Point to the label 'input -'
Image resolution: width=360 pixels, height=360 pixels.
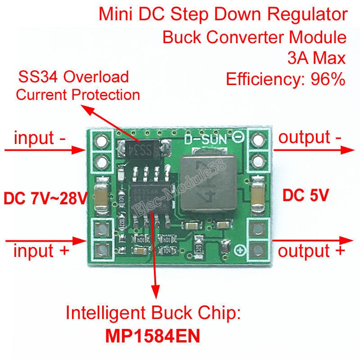(x=40, y=138)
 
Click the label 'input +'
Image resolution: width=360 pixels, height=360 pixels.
(x=41, y=251)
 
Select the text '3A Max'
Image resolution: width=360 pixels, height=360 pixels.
(x=317, y=58)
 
